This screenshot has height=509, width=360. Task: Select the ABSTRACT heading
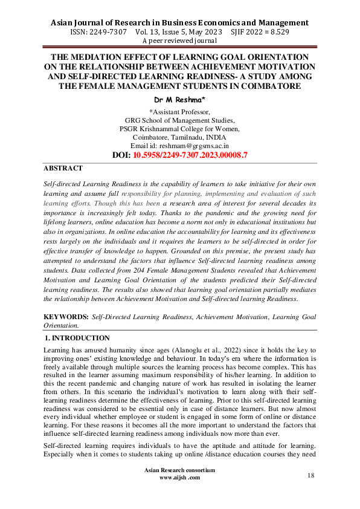[63, 169]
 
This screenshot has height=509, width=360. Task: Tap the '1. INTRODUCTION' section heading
[78, 338]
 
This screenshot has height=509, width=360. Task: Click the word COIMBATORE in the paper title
[266, 86]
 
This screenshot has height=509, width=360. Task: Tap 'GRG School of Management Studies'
[179, 120]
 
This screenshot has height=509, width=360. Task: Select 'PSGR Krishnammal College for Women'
[179, 129]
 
